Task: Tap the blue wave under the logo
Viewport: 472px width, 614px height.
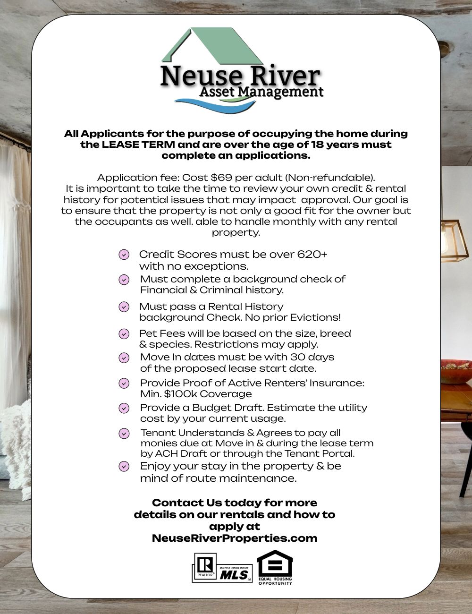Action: point(212,104)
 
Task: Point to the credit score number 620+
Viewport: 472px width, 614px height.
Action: point(312,254)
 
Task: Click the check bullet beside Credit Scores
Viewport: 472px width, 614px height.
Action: point(124,255)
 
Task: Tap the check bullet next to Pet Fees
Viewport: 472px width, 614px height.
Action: point(124,334)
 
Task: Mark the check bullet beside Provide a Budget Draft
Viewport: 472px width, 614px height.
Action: point(124,408)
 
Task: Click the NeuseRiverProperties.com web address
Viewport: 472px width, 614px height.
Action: point(235,538)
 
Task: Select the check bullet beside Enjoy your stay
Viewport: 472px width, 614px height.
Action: point(124,467)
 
